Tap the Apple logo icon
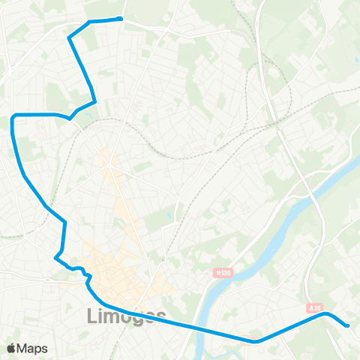[11, 348]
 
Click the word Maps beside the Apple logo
[32, 348]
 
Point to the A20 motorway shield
[314, 307]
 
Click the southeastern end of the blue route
[347, 325]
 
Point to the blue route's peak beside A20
[325, 314]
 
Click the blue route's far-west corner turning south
[14, 117]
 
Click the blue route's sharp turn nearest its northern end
[70, 37]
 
